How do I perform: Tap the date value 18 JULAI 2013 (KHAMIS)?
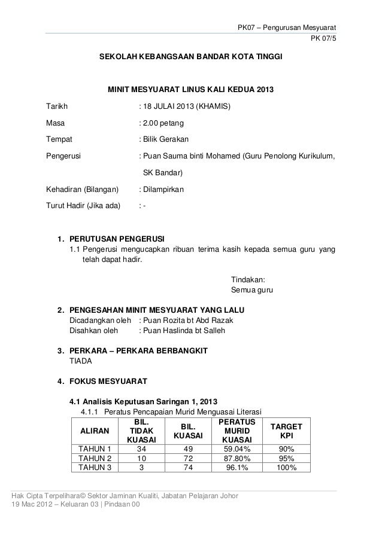pos(184,108)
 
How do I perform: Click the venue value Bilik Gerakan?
pos(164,140)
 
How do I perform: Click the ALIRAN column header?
pos(95,431)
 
